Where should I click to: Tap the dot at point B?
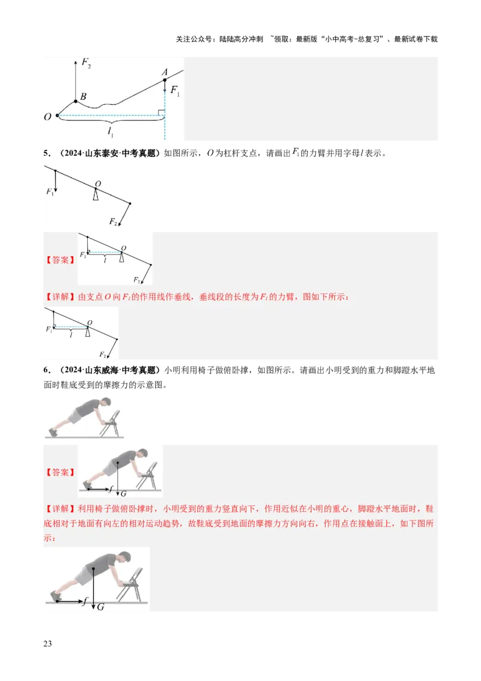click(x=76, y=101)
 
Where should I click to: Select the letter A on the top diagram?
click(x=164, y=73)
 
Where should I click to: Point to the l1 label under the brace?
click(x=111, y=134)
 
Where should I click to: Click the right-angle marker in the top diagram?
click(x=161, y=111)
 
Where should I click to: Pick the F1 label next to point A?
click(x=175, y=90)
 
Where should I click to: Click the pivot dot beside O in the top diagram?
click(x=57, y=115)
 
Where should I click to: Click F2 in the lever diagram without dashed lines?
click(x=113, y=222)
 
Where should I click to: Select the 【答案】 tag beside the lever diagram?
click(x=60, y=260)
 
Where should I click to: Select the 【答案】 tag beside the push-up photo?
click(x=60, y=472)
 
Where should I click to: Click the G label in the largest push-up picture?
click(x=100, y=607)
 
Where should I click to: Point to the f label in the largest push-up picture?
click(x=87, y=601)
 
